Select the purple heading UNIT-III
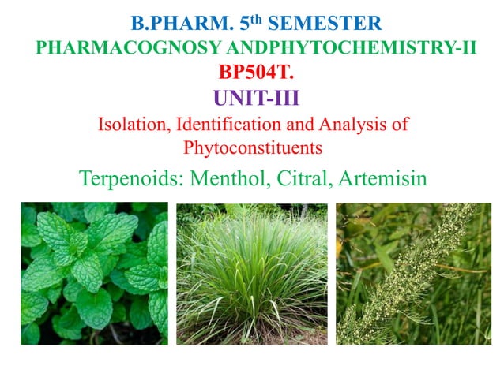(251, 100)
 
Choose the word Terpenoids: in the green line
(130, 178)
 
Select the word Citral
(305, 178)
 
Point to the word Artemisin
(382, 178)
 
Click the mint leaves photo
(94, 273)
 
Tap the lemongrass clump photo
(252, 273)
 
